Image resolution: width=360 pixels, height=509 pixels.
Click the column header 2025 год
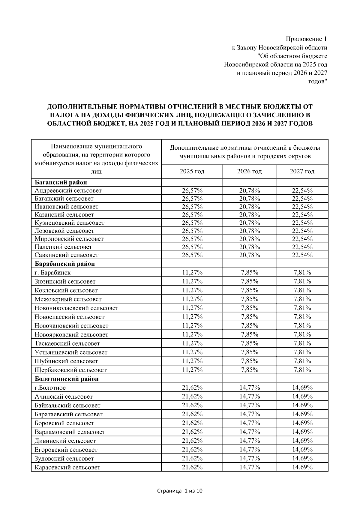192,171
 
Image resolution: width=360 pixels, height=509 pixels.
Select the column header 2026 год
249,171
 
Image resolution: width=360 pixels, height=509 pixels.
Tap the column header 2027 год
302,171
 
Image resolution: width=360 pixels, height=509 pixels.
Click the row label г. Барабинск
53,273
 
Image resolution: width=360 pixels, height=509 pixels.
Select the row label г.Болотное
50,388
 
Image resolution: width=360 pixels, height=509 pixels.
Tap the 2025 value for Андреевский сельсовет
192,190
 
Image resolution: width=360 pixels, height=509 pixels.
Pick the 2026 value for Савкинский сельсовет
249,255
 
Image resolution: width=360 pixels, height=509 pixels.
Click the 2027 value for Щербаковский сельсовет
302,370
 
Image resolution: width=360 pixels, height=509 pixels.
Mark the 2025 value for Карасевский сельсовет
192,467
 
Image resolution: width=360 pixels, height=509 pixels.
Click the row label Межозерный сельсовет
68,299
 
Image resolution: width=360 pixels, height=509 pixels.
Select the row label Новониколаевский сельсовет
76,308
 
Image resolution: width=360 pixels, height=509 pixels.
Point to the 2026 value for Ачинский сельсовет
249,397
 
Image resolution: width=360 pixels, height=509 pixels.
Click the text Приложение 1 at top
306,39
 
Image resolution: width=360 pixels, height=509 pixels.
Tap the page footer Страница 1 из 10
180,491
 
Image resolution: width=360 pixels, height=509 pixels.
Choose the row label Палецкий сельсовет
63,247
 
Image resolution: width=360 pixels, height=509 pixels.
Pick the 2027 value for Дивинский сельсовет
302,441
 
